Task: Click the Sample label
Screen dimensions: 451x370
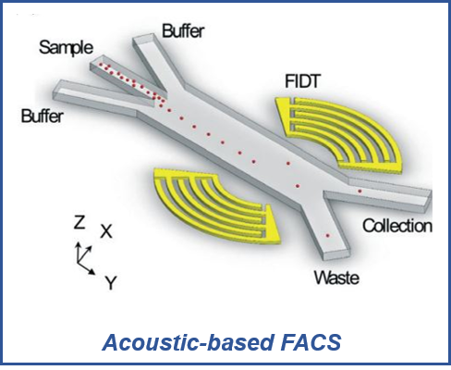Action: pos(66,48)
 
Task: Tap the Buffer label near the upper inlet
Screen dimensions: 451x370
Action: pos(183,31)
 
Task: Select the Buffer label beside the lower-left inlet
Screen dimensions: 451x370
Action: pos(43,117)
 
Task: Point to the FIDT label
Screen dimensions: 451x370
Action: pos(302,81)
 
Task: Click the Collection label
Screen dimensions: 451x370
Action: pos(397,226)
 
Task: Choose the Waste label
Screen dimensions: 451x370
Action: pos(336,277)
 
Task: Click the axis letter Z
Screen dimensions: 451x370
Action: pos(79,222)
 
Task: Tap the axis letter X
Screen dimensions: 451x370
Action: pos(106,231)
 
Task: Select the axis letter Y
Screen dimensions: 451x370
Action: pos(111,282)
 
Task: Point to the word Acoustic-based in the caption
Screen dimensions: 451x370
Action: pos(189,342)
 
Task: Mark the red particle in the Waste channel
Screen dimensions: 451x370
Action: pos(328,236)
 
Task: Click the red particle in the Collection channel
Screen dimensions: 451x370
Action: pos(360,191)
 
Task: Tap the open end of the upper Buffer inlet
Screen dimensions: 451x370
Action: pos(143,38)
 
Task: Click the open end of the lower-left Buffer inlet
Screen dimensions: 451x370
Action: pos(58,90)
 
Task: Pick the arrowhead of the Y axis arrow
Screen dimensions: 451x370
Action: pos(91,272)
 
